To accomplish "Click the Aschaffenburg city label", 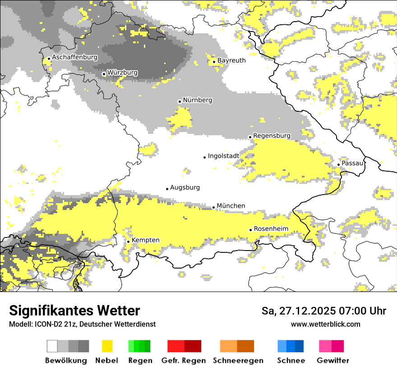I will click(74, 58).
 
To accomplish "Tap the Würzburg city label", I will click(122, 73).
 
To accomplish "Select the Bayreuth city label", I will click(231, 60).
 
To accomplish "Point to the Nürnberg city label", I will click(197, 100).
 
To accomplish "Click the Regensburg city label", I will click(272, 136).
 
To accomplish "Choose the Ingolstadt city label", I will click(223, 156).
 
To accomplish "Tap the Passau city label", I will click(352, 163).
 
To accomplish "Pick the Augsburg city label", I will click(185, 187).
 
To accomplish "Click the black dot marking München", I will click(214, 208).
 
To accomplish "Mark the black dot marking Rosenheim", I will click(251, 230).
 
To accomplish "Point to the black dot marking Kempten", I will click(129, 242).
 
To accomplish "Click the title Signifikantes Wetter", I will click(74, 311).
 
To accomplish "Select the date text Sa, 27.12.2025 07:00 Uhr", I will click(324, 311).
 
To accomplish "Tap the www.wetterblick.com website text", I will click(326, 324).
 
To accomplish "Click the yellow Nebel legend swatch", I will click(107, 346).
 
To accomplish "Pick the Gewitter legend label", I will click(332, 360).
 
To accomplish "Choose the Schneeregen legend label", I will click(238, 360).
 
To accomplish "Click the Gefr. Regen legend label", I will click(184, 360).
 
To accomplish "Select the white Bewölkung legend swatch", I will click(52, 346).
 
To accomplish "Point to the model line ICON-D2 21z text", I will click(82, 324).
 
